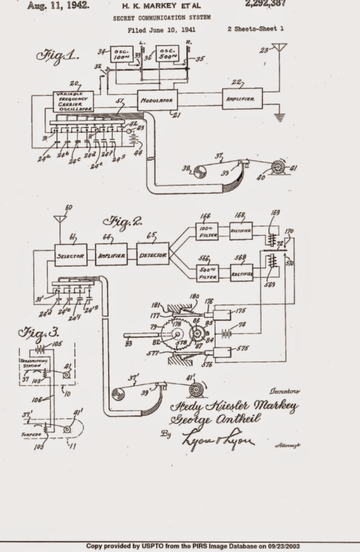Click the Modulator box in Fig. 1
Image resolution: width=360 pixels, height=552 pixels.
click(x=157, y=100)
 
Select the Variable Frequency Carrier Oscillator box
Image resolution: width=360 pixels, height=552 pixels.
click(x=73, y=101)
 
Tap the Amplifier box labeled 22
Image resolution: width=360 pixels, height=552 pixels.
click(x=242, y=99)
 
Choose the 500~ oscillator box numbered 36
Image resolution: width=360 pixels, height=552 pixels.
click(x=167, y=53)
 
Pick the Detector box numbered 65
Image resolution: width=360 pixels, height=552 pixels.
click(x=153, y=255)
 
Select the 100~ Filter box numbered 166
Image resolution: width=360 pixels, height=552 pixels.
click(x=207, y=231)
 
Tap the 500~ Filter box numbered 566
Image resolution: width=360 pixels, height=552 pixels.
click(x=207, y=273)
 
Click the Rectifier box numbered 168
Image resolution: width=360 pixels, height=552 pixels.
click(x=241, y=231)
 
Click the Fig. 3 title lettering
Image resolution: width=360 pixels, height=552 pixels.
click(x=38, y=334)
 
